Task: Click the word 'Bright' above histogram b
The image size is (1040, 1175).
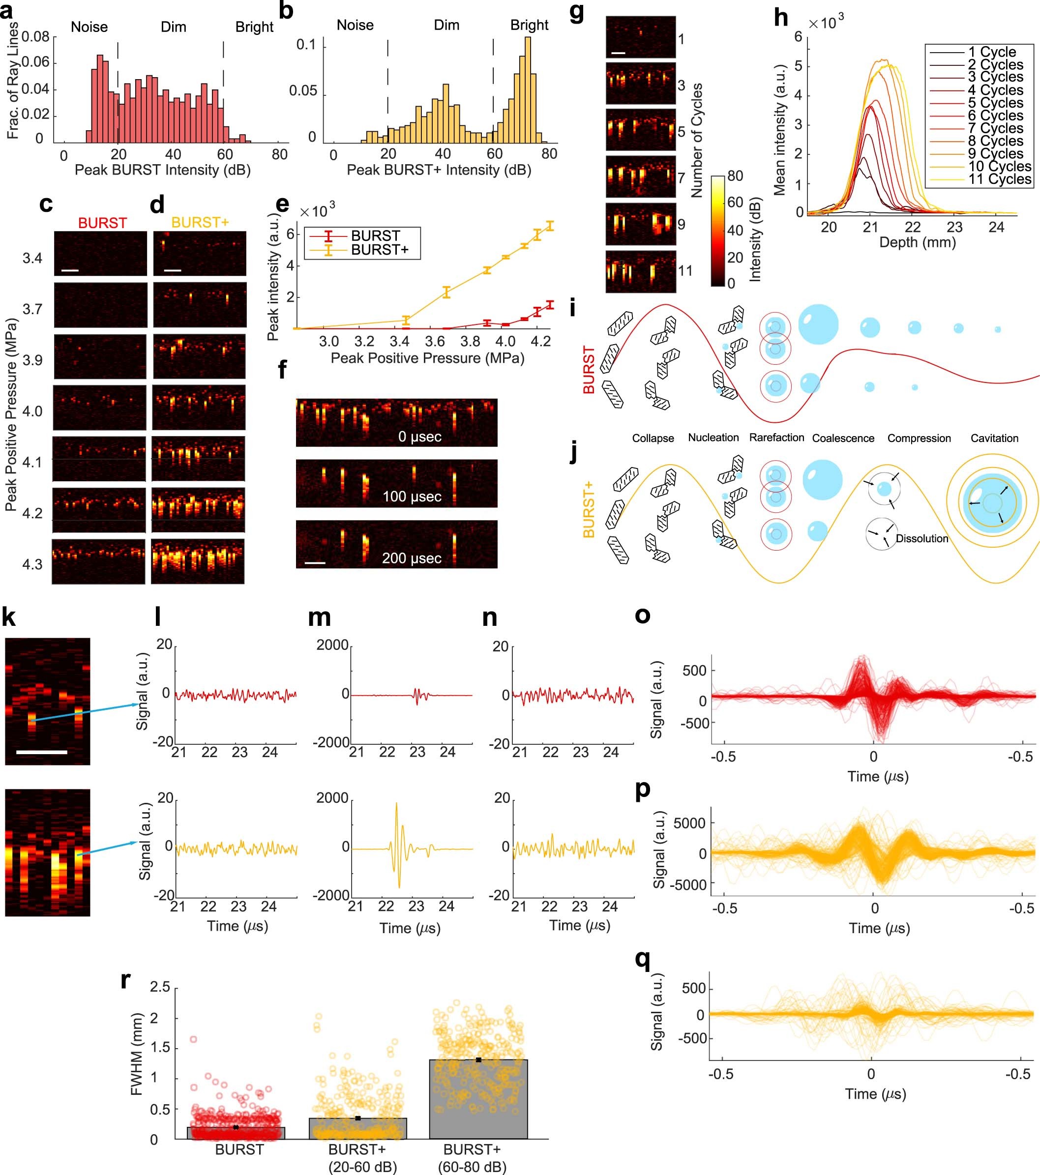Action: click(529, 25)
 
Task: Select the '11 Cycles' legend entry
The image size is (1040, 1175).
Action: click(999, 179)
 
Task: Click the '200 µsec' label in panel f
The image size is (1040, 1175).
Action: click(412, 558)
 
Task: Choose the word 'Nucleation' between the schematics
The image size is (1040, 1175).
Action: click(713, 438)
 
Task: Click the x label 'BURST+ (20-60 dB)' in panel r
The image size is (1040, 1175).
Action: click(362, 1158)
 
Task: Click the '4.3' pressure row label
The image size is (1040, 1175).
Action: click(32, 564)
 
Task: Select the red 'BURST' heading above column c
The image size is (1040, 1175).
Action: click(102, 223)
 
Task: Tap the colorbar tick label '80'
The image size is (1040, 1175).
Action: click(735, 176)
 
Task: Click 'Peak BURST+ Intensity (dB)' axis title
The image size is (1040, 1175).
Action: click(439, 170)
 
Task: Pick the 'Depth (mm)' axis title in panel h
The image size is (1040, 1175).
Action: click(917, 242)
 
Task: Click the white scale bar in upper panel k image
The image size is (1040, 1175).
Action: click(41, 752)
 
